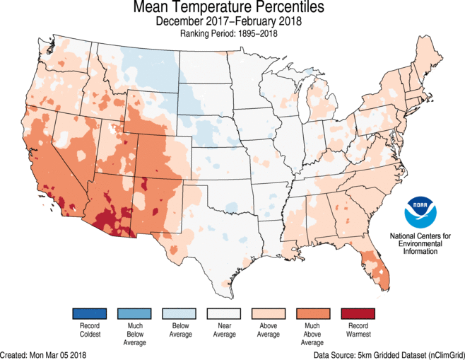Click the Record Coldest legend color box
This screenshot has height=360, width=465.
click(x=88, y=313)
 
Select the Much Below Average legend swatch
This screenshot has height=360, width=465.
click(x=134, y=313)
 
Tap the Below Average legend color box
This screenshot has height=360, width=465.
click(x=178, y=313)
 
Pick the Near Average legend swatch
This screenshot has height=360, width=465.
click(x=223, y=313)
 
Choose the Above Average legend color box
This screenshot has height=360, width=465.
click(x=268, y=313)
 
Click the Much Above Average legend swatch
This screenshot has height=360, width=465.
click(x=313, y=313)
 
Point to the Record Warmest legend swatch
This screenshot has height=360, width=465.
click(x=358, y=313)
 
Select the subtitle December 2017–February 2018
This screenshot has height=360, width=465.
click(x=229, y=21)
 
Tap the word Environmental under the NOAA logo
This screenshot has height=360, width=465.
click(x=421, y=243)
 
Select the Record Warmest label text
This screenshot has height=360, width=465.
click(x=358, y=329)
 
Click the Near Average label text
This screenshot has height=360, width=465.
click(x=223, y=329)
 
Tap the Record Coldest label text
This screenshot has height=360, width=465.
click(x=88, y=329)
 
